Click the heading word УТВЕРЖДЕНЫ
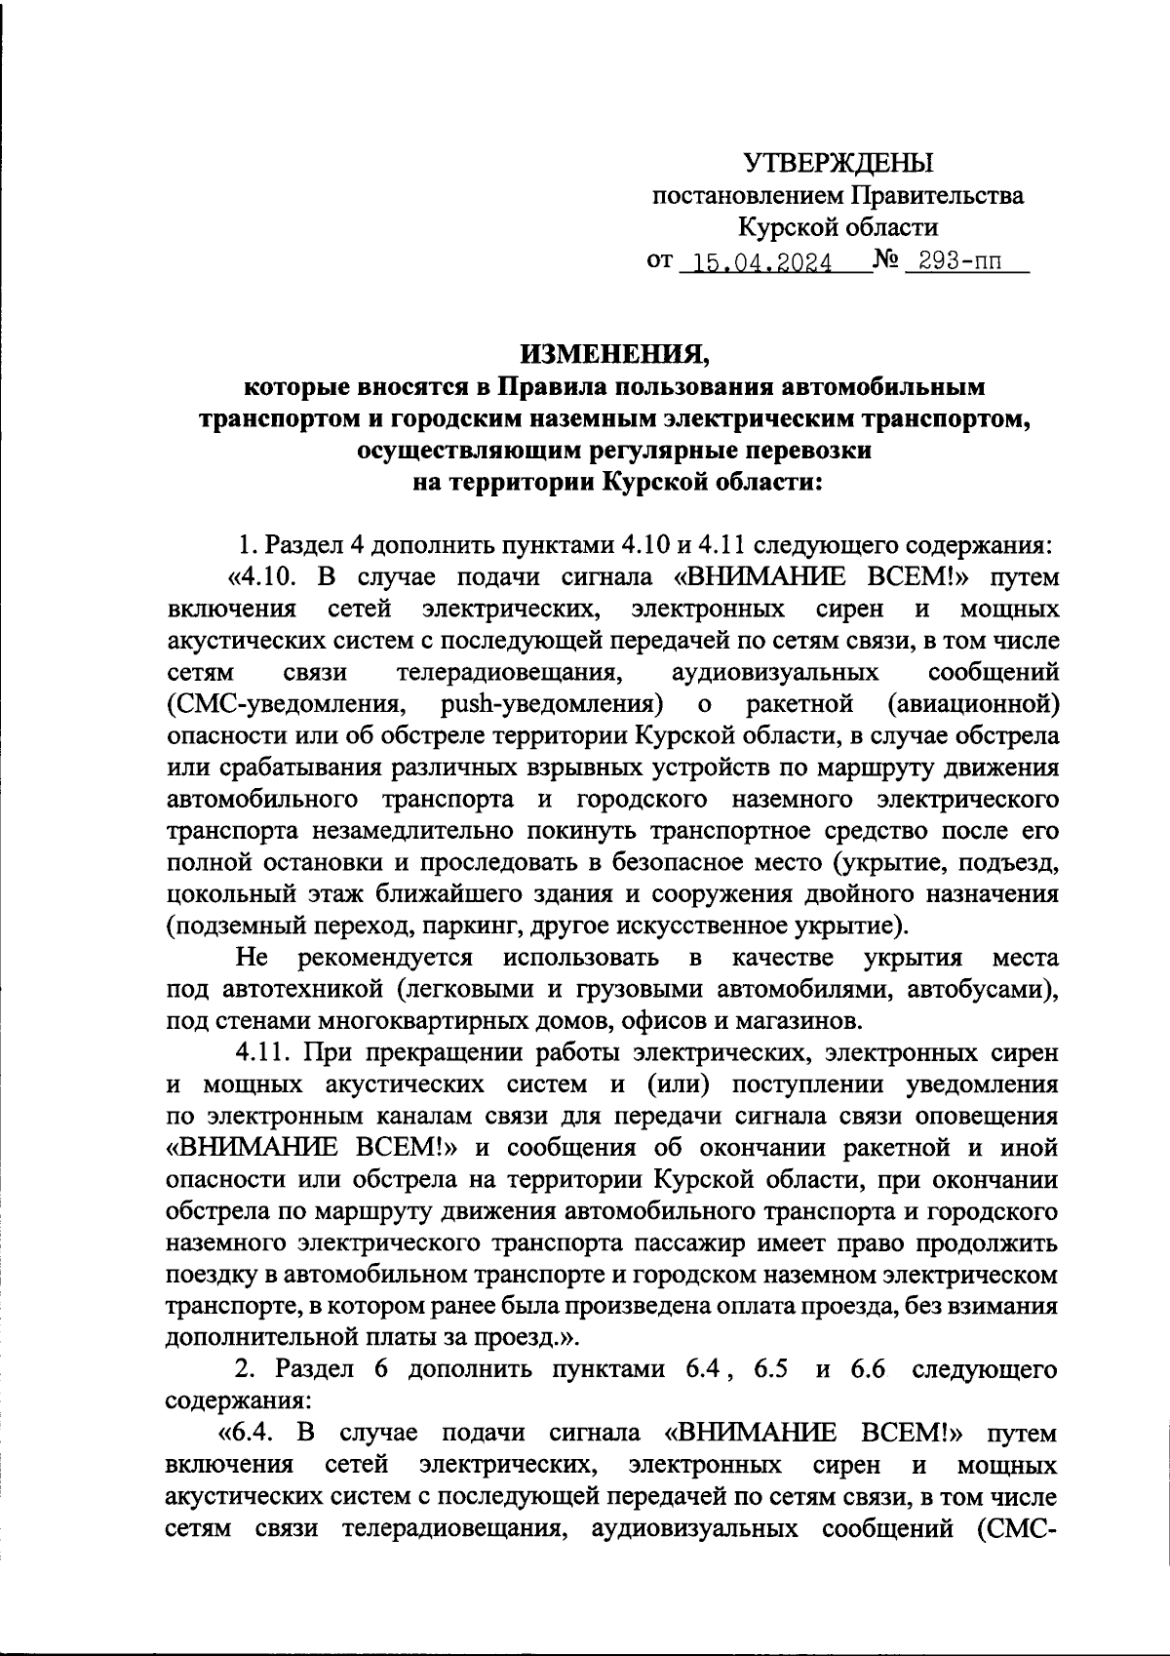[x=838, y=162]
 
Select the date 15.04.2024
[x=757, y=263]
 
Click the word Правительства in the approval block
[x=939, y=195]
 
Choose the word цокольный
[x=225, y=893]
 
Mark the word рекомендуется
[x=387, y=957]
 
